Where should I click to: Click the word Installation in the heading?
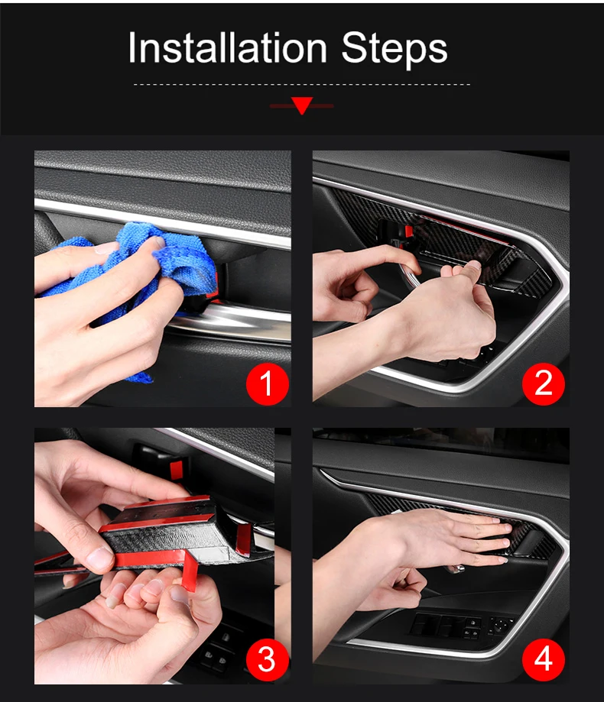tap(227, 47)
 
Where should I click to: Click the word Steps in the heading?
tap(395, 49)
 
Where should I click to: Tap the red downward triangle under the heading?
tap(302, 105)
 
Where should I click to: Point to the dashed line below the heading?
tap(302, 84)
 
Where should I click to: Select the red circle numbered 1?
tap(267, 384)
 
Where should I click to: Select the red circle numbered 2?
tap(544, 384)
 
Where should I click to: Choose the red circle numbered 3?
tap(267, 660)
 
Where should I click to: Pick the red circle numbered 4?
tap(544, 660)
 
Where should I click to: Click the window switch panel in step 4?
tap(462, 626)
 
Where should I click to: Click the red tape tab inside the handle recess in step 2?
tap(408, 231)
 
